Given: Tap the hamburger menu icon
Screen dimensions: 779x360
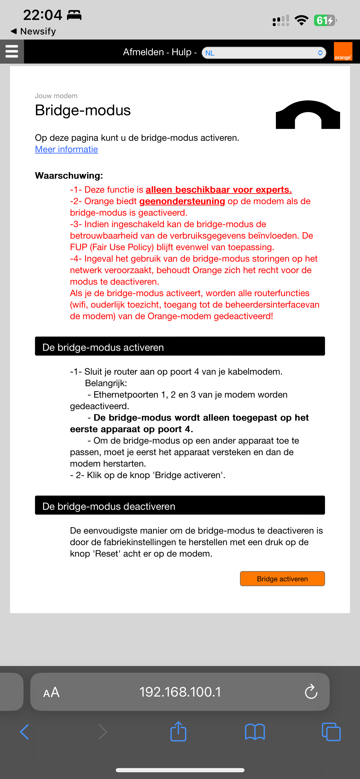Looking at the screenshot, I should point(12,51).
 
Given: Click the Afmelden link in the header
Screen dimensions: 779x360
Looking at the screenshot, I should point(143,52).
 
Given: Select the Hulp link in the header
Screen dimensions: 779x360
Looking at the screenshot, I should point(181,52).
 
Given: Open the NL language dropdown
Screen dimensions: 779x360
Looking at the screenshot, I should point(264,53).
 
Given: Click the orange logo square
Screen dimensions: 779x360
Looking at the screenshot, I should point(343,51).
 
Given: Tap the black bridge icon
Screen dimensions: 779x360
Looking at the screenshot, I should point(308,115).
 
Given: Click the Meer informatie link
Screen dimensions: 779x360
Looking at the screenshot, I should point(66,149).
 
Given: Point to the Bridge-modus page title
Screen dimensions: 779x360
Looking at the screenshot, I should point(83,110).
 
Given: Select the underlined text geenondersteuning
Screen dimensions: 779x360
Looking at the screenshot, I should point(182,201).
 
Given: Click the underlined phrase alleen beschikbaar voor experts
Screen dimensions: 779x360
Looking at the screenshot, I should point(218,190).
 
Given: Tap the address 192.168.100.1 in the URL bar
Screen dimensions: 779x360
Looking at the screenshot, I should point(180,692).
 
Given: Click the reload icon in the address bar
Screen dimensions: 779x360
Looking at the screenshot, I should point(311,692).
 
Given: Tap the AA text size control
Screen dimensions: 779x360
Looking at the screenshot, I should point(51,692).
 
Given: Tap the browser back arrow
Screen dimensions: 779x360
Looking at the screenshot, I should point(24,732).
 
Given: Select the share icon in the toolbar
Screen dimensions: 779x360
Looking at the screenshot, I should point(178,732).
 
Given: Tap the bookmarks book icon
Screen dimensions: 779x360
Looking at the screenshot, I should point(255,732).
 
